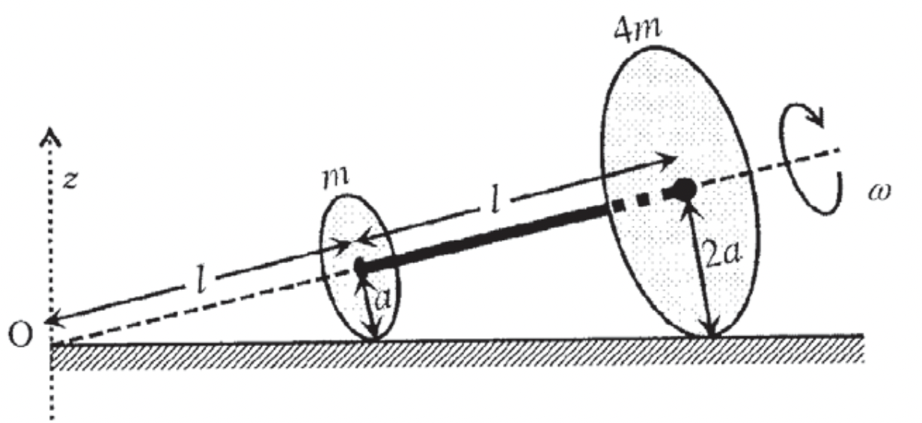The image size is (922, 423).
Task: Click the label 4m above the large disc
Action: coord(637,30)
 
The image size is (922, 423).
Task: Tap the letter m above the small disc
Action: coord(336,178)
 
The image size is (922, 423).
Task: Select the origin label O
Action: coord(20,334)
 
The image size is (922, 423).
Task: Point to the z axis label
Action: coord(70,179)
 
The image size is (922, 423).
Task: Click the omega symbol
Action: coord(879,191)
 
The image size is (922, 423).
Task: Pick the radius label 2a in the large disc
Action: coord(722,254)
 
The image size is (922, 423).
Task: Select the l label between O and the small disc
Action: coord(201,280)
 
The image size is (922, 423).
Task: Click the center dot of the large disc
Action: coord(684,191)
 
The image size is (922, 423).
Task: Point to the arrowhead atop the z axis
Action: coord(50,137)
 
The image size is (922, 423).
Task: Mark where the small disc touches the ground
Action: coord(374,339)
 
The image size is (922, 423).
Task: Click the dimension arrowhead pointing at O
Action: coord(55,321)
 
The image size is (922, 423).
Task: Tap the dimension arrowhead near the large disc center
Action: coord(666,158)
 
